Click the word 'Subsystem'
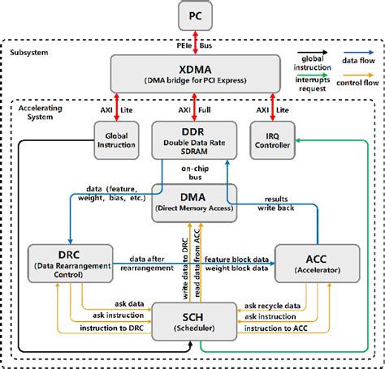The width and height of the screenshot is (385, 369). tap(29, 53)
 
